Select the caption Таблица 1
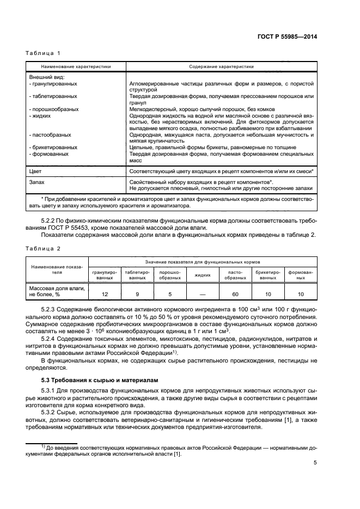[43, 53]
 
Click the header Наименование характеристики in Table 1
[76, 66]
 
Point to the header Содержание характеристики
[222, 66]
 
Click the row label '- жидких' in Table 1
[41, 115]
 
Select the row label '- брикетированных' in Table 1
[53, 147]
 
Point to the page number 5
[315, 463]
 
